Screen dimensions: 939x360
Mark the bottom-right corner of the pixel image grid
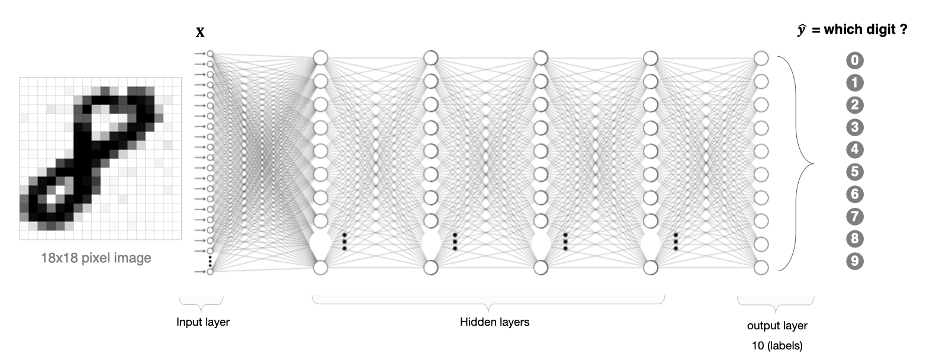point(182,239)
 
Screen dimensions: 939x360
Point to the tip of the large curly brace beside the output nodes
point(813,163)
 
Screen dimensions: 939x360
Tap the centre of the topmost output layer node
point(761,58)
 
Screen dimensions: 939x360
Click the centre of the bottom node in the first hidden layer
point(321,268)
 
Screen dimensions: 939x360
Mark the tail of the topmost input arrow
point(195,54)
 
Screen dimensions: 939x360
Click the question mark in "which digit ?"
point(903,30)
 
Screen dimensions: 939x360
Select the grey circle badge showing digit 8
point(855,239)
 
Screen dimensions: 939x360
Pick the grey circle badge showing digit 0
point(855,60)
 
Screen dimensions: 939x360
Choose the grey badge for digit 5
point(855,172)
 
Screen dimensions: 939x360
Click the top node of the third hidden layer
point(541,58)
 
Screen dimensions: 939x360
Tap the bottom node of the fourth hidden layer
point(651,268)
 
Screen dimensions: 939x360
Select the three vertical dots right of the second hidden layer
point(455,242)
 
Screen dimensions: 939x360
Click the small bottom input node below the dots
point(210,272)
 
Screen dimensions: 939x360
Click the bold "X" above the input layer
point(200,33)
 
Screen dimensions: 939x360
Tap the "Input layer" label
point(203,322)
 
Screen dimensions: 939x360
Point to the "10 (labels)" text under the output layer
point(777,346)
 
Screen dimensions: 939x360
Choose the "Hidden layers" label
point(494,322)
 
